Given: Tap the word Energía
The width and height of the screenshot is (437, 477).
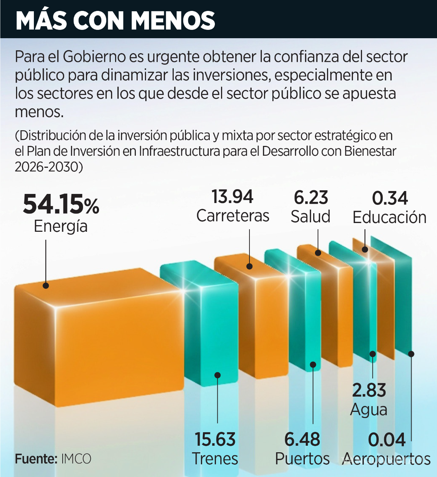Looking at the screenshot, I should [x=61, y=226].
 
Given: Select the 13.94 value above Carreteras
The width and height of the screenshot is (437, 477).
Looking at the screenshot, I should [x=232, y=197].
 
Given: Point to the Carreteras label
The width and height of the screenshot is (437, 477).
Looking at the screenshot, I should [x=233, y=216].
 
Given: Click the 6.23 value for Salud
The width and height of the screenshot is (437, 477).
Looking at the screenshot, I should [x=311, y=198].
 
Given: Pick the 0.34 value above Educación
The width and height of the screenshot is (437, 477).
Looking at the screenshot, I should [x=390, y=198].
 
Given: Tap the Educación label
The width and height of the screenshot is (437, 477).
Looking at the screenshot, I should [x=390, y=218].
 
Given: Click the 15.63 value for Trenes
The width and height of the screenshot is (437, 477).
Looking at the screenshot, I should [x=215, y=439].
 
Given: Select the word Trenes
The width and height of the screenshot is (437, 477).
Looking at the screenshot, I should [x=215, y=458].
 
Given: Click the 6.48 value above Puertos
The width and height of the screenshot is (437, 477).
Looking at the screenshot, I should [x=302, y=439].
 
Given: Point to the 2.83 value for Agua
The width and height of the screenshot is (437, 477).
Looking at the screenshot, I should [x=369, y=390].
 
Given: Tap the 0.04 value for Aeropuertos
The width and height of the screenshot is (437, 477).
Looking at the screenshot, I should [x=387, y=440].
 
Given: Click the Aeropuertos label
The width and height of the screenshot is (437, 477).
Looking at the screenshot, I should [x=387, y=459].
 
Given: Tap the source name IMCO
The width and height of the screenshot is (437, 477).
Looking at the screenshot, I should [x=76, y=459].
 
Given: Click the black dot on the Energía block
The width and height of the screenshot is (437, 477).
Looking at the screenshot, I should [x=46, y=286].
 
